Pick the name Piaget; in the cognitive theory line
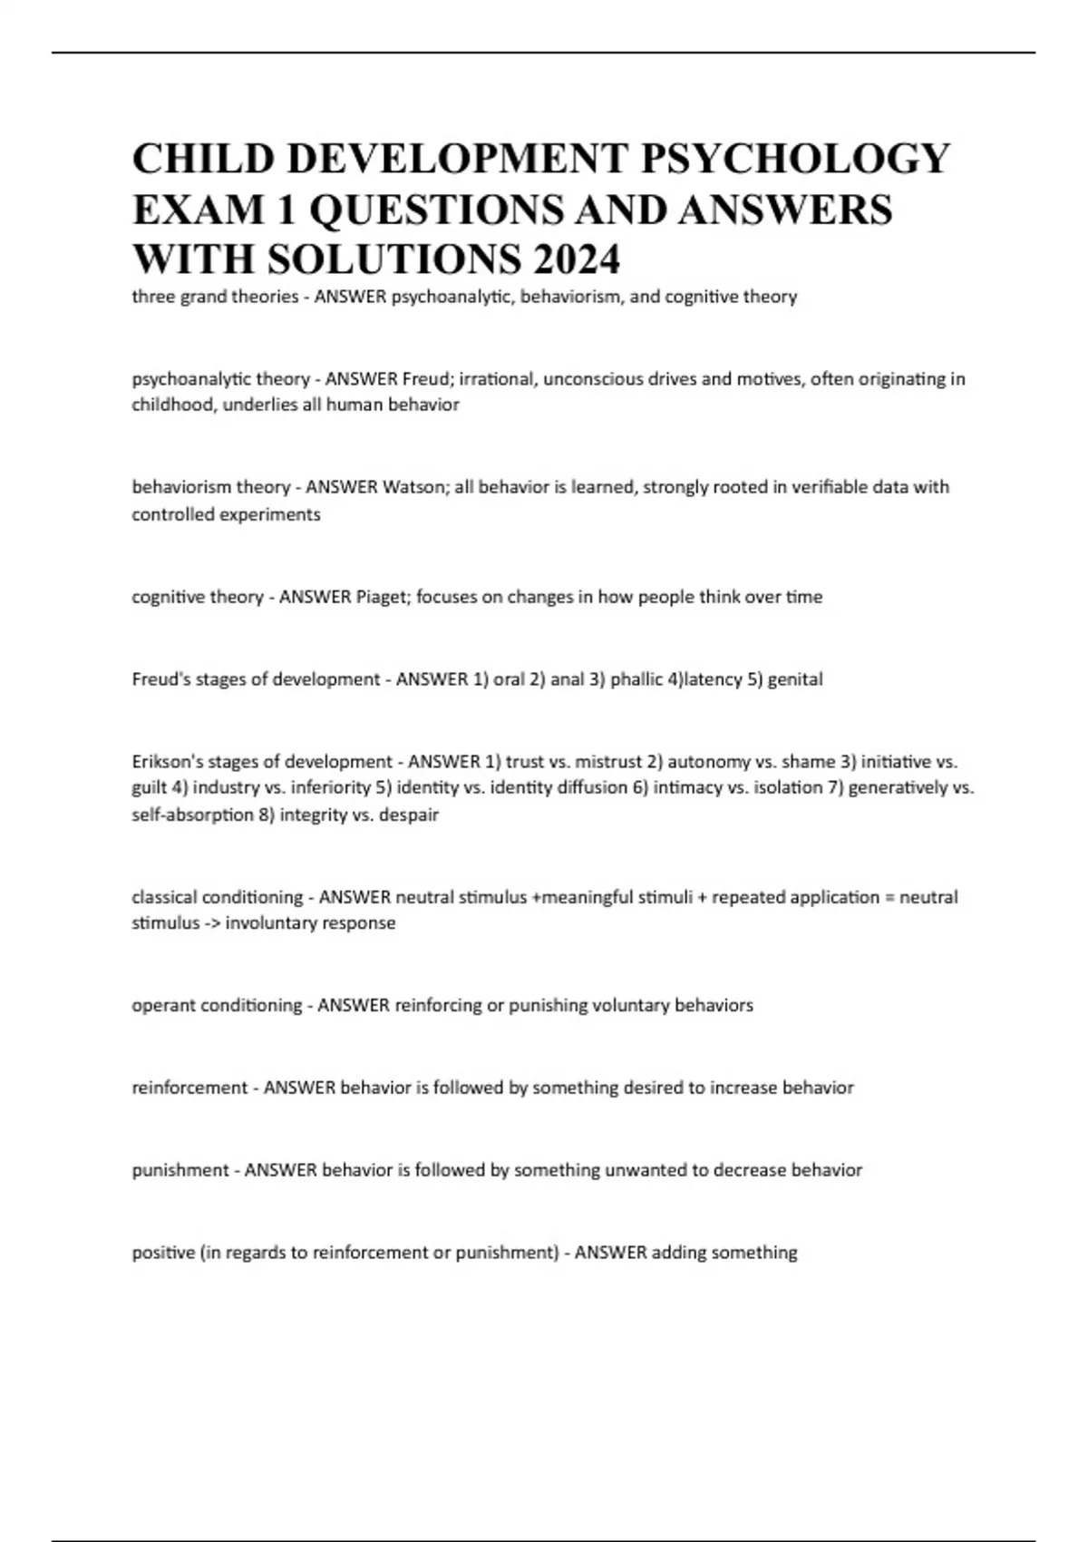click(384, 597)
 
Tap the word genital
click(795, 679)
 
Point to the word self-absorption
click(192, 815)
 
